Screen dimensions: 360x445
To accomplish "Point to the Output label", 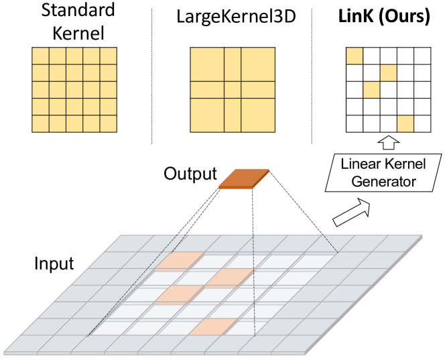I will click(x=190, y=175).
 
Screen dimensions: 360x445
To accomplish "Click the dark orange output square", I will click(x=245, y=178).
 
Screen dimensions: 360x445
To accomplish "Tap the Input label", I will click(x=53, y=263).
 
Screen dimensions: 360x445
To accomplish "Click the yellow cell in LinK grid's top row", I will click(x=354, y=56).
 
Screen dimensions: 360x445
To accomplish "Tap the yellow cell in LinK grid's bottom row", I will click(x=404, y=123).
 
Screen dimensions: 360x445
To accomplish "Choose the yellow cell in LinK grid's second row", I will click(x=387, y=72).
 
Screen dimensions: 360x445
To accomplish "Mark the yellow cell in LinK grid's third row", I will click(x=371, y=89).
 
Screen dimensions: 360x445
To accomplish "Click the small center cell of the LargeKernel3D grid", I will click(x=232, y=90).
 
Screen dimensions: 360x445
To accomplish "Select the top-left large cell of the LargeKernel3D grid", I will click(x=207, y=64).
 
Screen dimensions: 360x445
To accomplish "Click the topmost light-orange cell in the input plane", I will click(x=178, y=261).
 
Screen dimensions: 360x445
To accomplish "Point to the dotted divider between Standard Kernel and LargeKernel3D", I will click(x=152, y=74).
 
